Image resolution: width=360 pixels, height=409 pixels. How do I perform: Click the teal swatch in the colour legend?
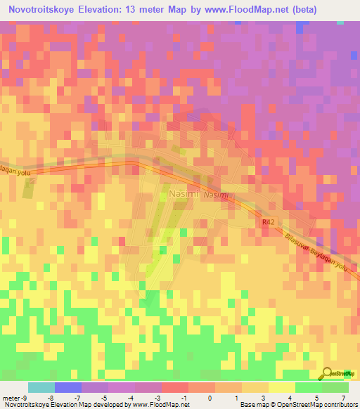coord(41,387)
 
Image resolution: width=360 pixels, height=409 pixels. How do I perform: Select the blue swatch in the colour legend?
coord(67,387)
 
